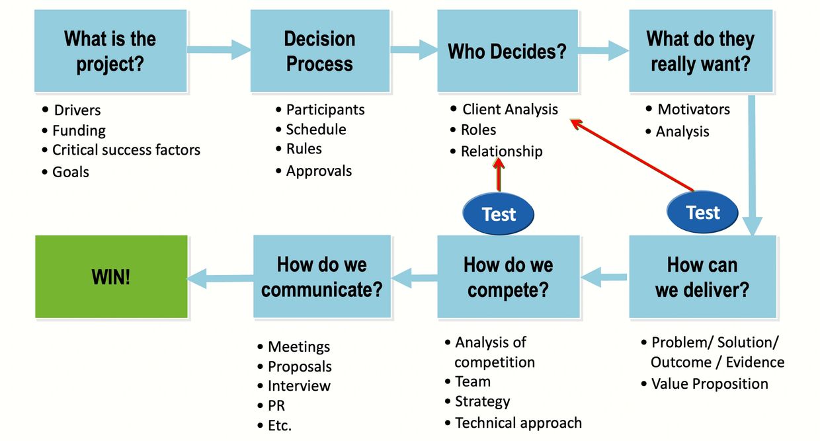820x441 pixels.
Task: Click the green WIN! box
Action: pyautogui.click(x=111, y=277)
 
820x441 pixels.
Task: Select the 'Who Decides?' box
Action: pyautogui.click(x=507, y=51)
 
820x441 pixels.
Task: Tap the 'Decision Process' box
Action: pyautogui.click(x=319, y=51)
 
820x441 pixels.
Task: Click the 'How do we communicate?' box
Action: pyautogui.click(x=322, y=277)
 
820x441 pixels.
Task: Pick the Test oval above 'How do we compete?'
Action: pyautogui.click(x=499, y=214)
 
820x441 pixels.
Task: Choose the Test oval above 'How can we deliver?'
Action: pyautogui.click(x=702, y=212)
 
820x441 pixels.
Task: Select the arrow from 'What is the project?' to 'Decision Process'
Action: pyautogui.click(x=219, y=48)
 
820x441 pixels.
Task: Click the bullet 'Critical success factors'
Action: pyautogui.click(x=126, y=150)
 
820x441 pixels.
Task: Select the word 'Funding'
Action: pyautogui.click(x=79, y=130)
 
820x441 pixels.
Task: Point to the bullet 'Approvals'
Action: pyautogui.click(x=319, y=171)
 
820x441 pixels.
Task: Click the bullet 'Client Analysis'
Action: pyautogui.click(x=510, y=109)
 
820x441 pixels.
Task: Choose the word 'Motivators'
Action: pyautogui.click(x=693, y=109)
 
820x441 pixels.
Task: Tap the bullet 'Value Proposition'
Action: pyautogui.click(x=710, y=383)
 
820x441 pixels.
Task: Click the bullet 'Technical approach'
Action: pyautogui.click(x=518, y=422)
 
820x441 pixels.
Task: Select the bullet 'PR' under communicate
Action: pyautogui.click(x=276, y=405)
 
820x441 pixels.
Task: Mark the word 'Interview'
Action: pyautogui.click(x=299, y=385)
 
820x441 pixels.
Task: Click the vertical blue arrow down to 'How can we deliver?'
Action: pyautogui.click(x=753, y=165)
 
